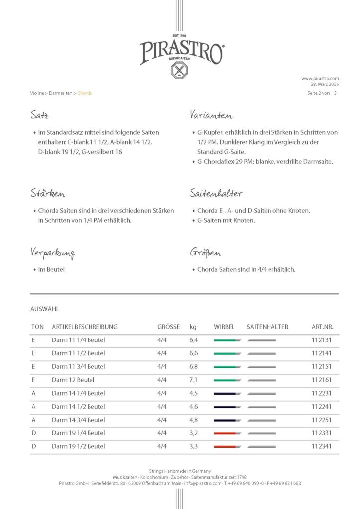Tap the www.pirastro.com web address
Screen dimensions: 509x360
tap(320, 78)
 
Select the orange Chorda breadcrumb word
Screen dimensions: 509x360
tap(85, 93)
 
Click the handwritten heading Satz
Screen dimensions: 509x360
tap(39, 116)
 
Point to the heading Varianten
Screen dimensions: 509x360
tap(211, 116)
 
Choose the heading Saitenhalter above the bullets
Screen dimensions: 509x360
tap(216, 193)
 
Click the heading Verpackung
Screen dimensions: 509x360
tap(52, 253)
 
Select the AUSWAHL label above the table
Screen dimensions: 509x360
tap(45, 309)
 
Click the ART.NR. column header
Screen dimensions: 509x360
tap(322, 327)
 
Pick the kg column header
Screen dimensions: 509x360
tap(193, 327)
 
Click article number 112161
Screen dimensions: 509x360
tap(322, 380)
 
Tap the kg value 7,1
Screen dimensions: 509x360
tap(194, 380)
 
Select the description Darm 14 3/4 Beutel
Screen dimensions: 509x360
tap(78, 420)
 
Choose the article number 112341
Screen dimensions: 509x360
tap(322, 446)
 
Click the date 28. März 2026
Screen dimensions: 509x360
tap(325, 85)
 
